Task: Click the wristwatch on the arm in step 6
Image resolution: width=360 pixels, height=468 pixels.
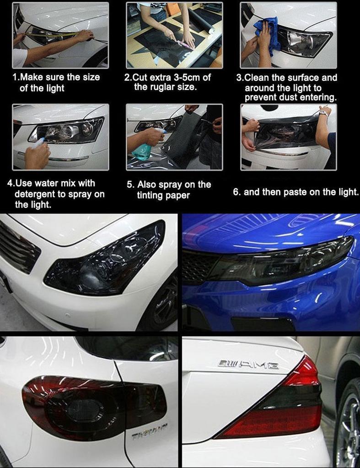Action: pyautogui.click(x=323, y=112)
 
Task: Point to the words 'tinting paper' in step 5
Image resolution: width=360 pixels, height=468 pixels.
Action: pyautogui.click(x=163, y=196)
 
